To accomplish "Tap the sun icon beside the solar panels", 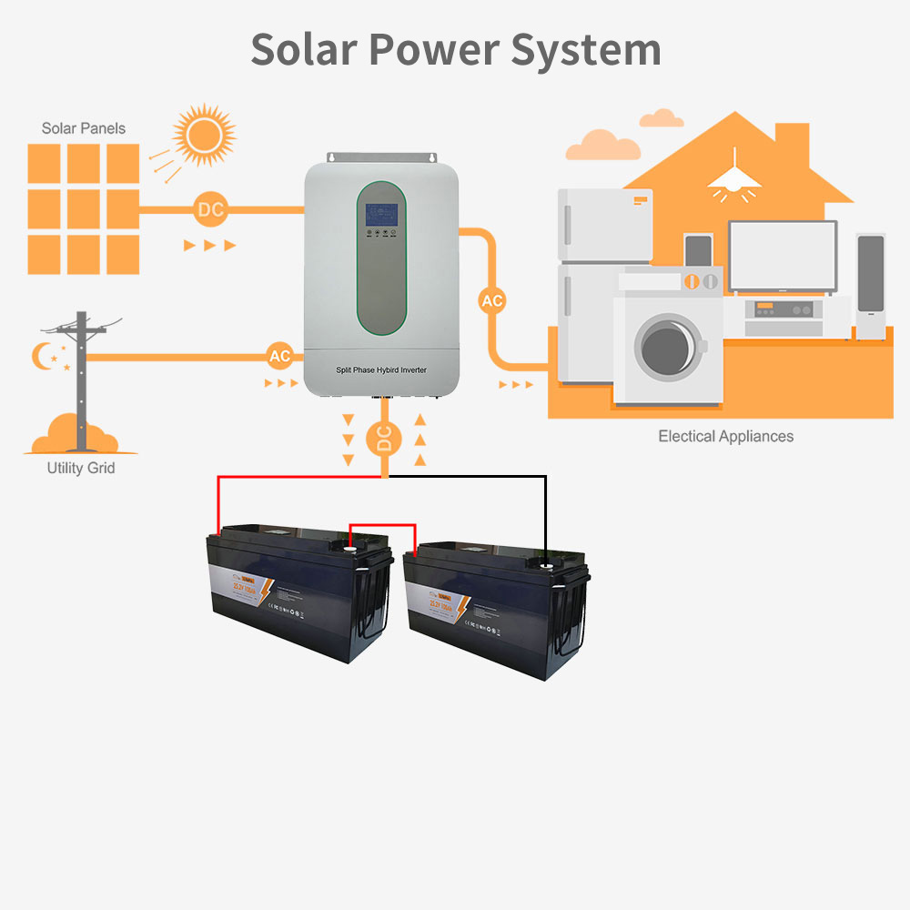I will pyautogui.click(x=204, y=136).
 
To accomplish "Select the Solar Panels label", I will pyautogui.click(x=84, y=128).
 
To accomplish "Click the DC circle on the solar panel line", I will pyautogui.click(x=210, y=210).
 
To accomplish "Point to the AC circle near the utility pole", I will pyautogui.click(x=279, y=356).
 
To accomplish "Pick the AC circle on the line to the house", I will pyautogui.click(x=491, y=300).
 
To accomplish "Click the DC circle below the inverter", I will pyautogui.click(x=384, y=440).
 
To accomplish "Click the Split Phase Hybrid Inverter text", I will pyautogui.click(x=381, y=369).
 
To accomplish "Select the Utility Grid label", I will pyautogui.click(x=81, y=469).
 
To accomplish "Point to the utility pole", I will pyautogui.click(x=81, y=382).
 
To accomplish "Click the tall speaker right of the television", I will pyautogui.click(x=871, y=286).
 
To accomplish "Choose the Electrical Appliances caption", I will pyautogui.click(x=725, y=437).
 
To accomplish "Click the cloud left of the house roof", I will pyautogui.click(x=602, y=146).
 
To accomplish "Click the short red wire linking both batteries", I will pyautogui.click(x=383, y=526).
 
